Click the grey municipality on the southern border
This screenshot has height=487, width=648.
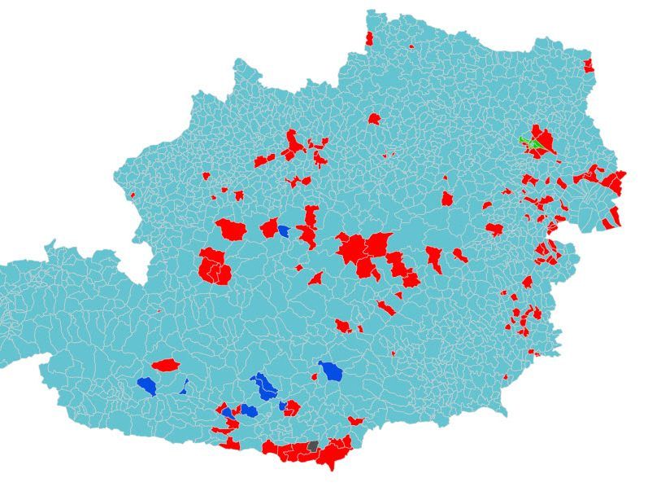coord(313,446)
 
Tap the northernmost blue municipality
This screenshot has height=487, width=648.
coord(283,230)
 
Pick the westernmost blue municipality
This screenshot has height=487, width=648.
coord(146,385)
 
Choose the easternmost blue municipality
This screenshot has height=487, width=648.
coord(330,371)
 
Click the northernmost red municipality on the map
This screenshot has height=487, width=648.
coord(369,38)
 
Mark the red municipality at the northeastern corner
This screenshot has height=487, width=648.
coord(589,65)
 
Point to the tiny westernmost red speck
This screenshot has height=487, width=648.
coord(132,195)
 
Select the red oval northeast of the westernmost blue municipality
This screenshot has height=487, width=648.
coord(165,365)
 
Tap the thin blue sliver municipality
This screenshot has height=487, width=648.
coord(185,386)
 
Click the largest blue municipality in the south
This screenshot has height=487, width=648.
coord(263,385)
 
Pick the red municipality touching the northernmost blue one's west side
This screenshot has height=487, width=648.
coord(269,227)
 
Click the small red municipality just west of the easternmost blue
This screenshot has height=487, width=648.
coord(316,375)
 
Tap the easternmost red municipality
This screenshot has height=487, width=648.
coord(620,181)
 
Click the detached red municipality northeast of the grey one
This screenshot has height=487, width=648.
coord(355,421)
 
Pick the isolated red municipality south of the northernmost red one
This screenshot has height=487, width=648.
coord(374,119)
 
